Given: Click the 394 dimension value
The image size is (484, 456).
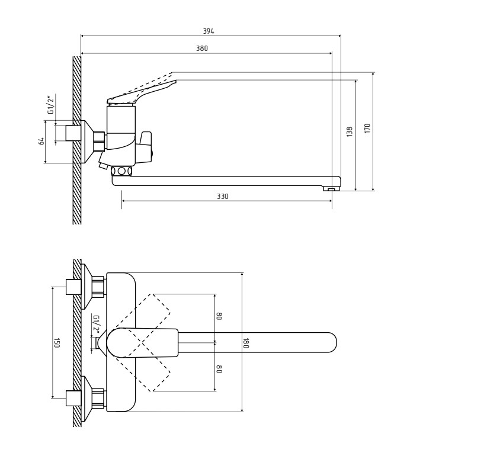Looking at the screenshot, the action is coord(209,31).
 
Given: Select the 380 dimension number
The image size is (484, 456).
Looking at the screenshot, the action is coord(202,49).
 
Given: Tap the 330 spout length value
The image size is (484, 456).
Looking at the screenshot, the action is coord(223,197).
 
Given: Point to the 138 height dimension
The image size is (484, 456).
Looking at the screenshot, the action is coord(350,131).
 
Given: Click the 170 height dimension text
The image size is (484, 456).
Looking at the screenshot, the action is coord(367,128).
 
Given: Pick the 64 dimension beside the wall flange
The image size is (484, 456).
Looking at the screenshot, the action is coord(41,141).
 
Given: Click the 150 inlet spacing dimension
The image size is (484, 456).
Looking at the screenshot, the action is coord(56,343).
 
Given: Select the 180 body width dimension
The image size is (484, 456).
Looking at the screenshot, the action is coord(246,343).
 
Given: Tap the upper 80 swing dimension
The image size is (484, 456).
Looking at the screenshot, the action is coord(219,316).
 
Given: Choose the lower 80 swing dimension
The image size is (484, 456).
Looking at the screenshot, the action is coord(219,369).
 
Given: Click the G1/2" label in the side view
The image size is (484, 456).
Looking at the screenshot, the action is coord(51,105).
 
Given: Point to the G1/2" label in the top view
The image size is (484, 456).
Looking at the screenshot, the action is coord(97,325).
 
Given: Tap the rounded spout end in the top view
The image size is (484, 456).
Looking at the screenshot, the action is coord(332,342).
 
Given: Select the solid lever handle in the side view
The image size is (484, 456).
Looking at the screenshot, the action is coord(142,92).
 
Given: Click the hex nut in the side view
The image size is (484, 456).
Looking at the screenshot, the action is coord(100,142).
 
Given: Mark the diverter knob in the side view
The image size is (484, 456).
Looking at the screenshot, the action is coord(145,147).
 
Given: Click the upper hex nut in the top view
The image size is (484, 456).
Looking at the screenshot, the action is coord(98,287).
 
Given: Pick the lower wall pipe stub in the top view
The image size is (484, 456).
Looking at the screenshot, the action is coord(73,398).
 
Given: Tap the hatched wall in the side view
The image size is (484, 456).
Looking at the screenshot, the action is coord(77,140).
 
